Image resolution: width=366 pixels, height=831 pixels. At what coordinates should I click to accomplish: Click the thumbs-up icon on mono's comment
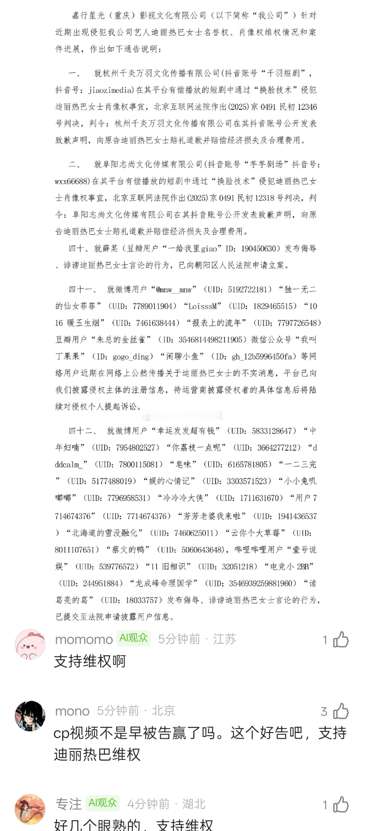pos(341,711)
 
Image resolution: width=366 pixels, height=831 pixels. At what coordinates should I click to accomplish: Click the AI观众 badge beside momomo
pos(133,638)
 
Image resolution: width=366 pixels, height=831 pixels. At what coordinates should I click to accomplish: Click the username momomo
pos(84,639)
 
